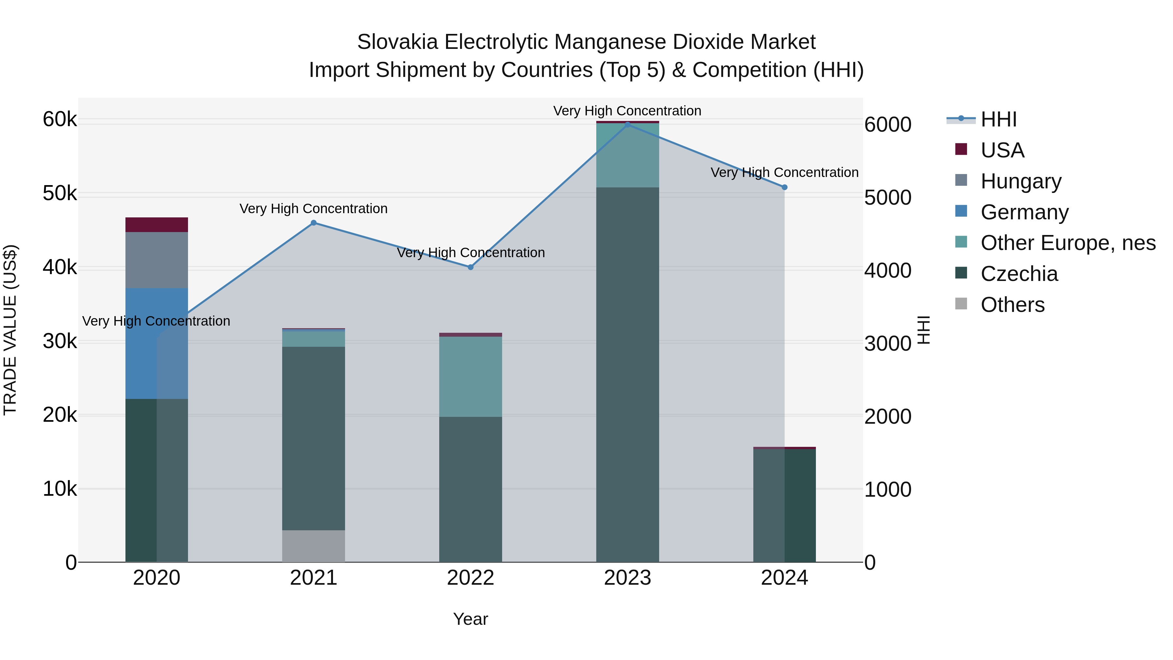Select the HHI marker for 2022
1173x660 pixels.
point(471,267)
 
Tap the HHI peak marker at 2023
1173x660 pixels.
point(628,125)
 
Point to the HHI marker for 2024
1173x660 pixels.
point(784,187)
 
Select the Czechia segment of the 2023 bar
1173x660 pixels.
point(628,374)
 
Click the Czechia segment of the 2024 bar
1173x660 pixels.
point(784,506)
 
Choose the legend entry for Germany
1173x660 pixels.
point(1024,212)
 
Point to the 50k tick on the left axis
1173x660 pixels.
point(60,194)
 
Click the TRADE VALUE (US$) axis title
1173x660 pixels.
point(10,330)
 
